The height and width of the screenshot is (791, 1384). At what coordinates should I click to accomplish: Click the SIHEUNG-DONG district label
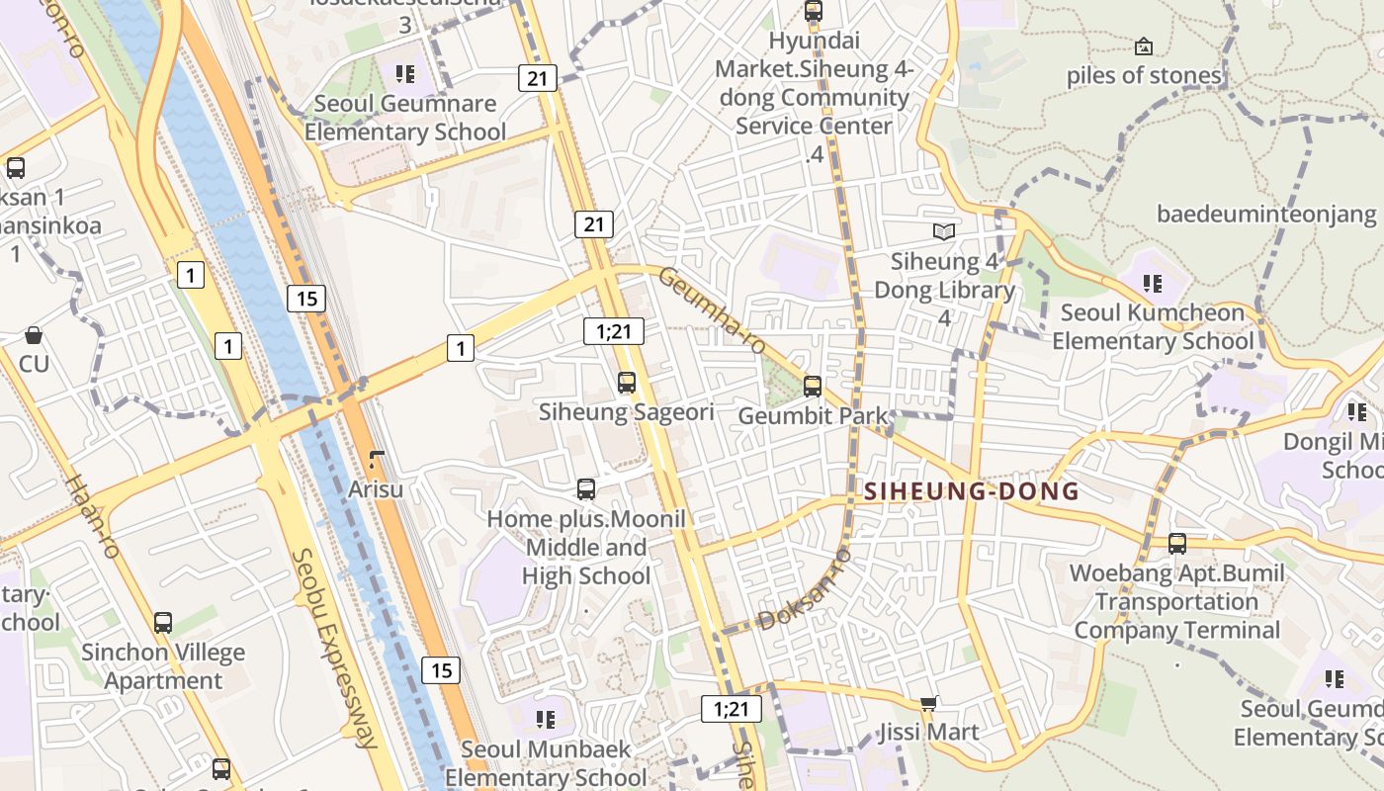coord(971,491)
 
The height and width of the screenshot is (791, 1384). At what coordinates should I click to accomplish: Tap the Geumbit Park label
coord(814,416)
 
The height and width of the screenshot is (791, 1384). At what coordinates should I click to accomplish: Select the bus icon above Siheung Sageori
coord(626,383)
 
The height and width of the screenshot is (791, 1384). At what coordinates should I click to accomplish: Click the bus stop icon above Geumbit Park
coord(813,386)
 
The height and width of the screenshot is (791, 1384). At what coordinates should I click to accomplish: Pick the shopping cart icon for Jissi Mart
coord(928,704)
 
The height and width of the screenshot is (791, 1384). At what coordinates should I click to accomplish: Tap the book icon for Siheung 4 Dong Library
coord(944,231)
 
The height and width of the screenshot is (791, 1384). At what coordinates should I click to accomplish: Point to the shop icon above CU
coord(34,335)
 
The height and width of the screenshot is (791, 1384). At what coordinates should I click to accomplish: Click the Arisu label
coord(376,488)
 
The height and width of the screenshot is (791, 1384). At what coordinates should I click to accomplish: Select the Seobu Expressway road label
coord(335,648)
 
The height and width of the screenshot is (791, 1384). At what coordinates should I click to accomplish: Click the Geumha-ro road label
coord(713,310)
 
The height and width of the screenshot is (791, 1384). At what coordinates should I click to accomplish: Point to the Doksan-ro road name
coord(804,590)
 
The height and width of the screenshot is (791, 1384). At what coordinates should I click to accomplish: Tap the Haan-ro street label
coord(92,515)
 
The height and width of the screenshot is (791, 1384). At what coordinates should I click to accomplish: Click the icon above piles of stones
coord(1144,45)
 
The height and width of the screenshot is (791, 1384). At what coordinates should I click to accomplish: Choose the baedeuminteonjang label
coord(1266,214)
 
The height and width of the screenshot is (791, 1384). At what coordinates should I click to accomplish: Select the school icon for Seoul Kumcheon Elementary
coord(1152,284)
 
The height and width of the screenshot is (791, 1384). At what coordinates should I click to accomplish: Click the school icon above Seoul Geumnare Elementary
coord(404,74)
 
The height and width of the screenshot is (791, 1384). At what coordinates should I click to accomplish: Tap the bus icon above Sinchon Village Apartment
coord(163,623)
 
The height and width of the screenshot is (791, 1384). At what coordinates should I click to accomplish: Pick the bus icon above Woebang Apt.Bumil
coord(1176,543)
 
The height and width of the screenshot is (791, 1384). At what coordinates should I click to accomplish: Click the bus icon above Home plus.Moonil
coord(586,488)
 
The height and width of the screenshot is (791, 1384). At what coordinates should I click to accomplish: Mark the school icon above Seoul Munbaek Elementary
coord(545,720)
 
